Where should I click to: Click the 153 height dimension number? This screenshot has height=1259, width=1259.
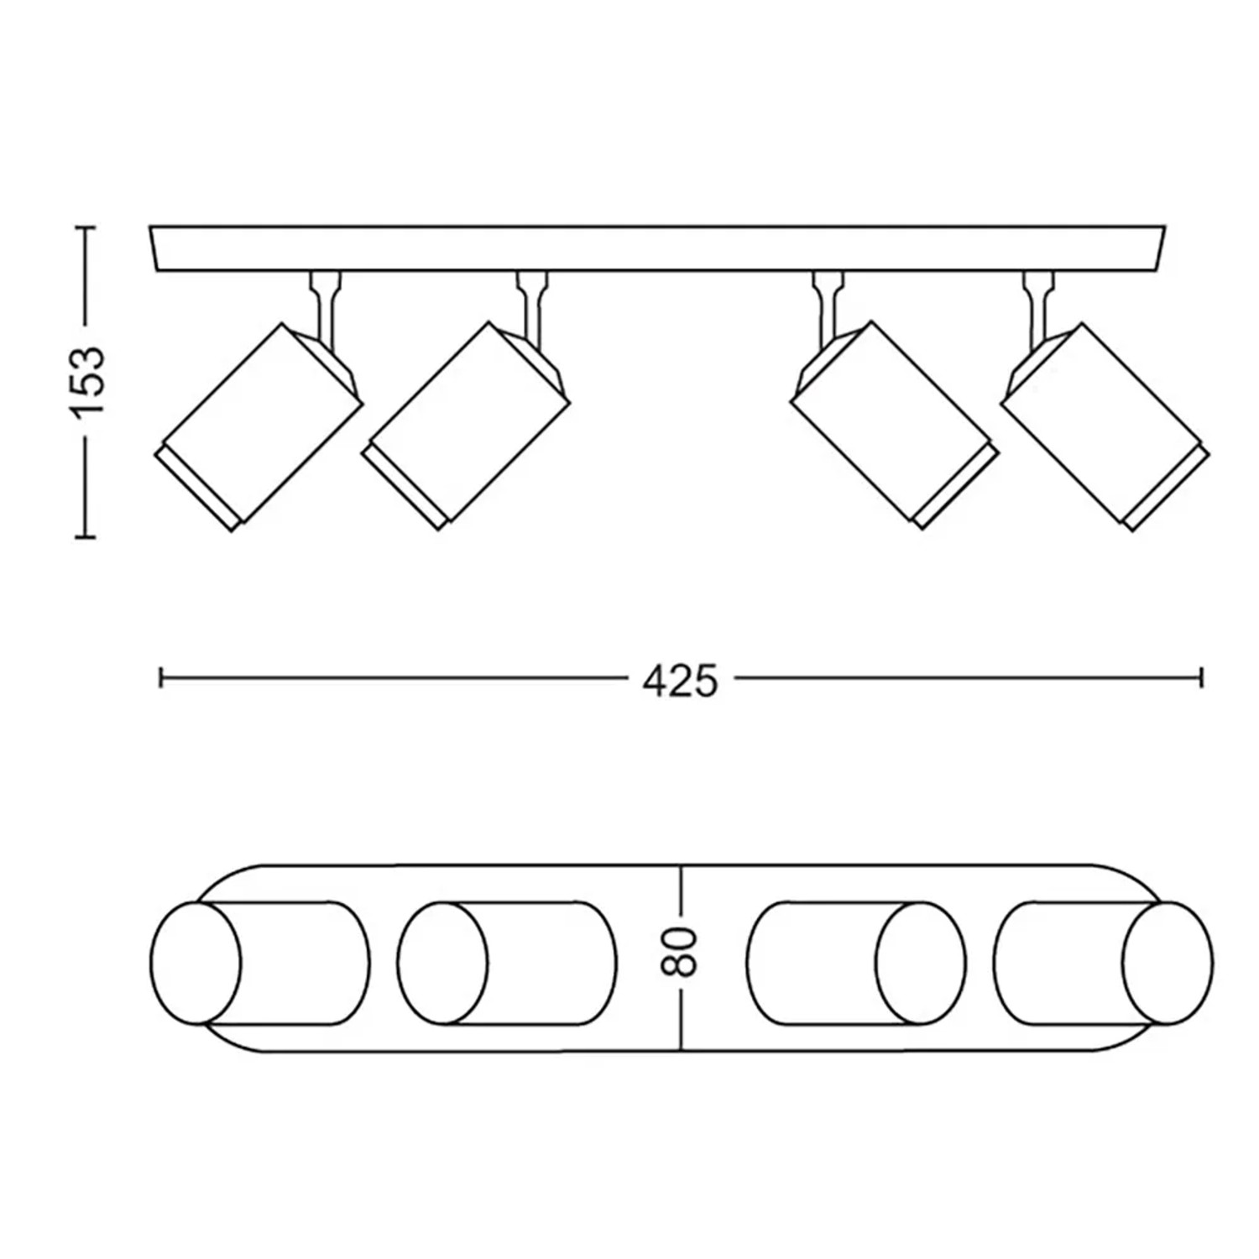click(88, 381)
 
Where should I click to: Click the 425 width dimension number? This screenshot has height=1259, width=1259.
click(681, 682)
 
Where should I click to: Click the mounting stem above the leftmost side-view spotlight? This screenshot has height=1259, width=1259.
click(325, 307)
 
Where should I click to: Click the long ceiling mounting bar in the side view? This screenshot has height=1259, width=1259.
click(657, 248)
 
